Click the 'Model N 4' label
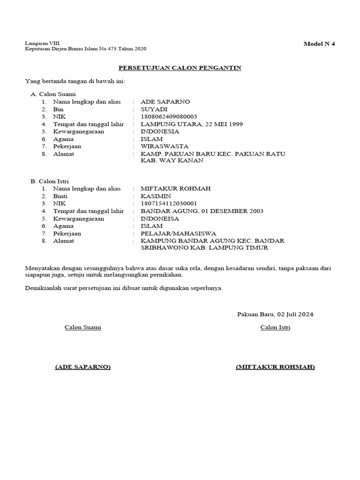coord(319,44)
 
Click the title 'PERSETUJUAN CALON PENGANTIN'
coord(180,68)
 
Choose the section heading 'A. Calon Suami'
coord(53,94)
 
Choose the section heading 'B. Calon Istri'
coord(51,181)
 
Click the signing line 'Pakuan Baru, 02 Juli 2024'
coord(275,314)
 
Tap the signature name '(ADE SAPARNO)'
coord(82,367)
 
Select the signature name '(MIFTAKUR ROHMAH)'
coord(275,367)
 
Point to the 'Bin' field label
coord(58,109)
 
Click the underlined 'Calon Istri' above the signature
coord(275,327)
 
